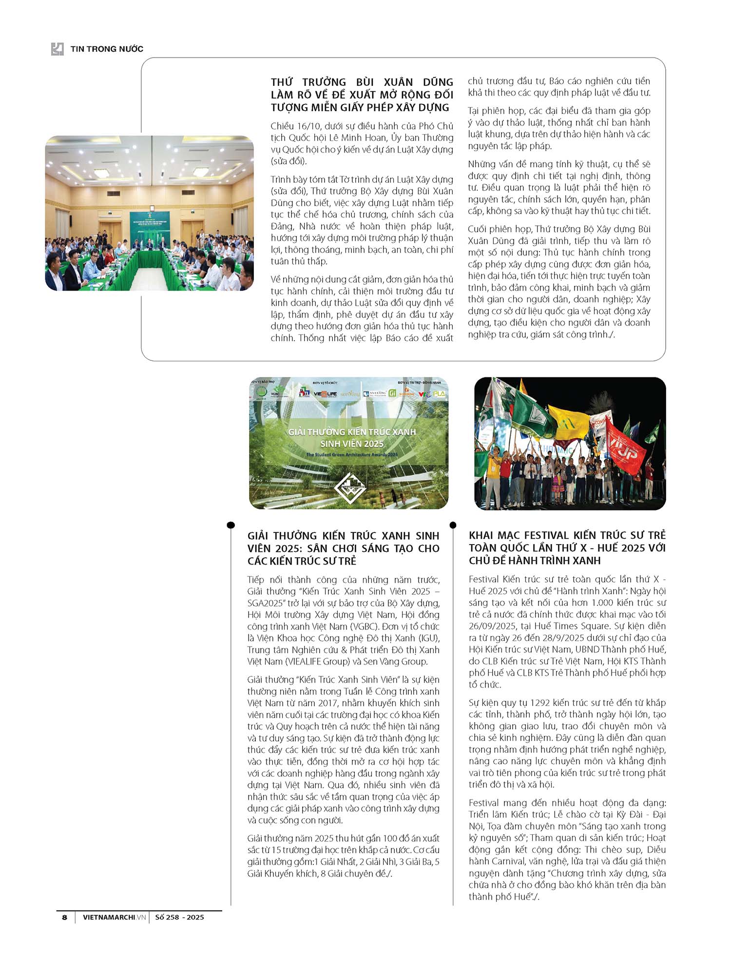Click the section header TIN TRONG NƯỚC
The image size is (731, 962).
click(107, 49)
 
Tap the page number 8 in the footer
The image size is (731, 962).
click(64, 917)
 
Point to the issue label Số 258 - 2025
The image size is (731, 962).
click(179, 917)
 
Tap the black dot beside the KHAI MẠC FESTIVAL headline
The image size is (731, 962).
click(453, 525)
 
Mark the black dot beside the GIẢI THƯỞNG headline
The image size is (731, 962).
click(231, 525)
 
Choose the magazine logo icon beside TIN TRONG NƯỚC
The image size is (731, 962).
click(58, 49)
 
